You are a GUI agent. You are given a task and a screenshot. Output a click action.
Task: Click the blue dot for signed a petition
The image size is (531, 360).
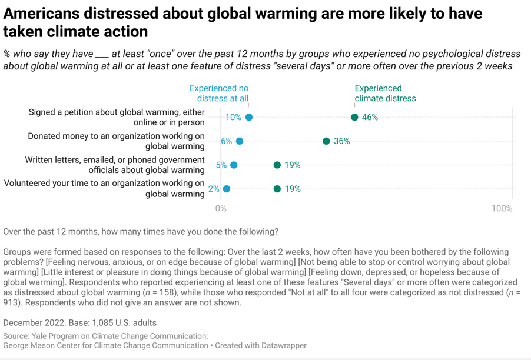tap(249, 117)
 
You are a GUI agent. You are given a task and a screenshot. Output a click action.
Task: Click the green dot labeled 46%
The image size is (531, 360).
tap(354, 117)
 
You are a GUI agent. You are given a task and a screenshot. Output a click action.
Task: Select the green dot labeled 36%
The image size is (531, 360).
tap(326, 141)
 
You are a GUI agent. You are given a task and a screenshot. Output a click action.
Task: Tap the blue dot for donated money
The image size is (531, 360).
tap(240, 141)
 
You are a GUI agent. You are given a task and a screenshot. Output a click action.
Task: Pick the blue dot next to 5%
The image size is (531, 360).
tap(234, 165)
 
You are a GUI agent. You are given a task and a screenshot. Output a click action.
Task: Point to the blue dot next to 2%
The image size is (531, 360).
tap(227, 189)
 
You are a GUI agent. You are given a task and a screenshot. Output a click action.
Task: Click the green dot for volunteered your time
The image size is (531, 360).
tap(277, 189)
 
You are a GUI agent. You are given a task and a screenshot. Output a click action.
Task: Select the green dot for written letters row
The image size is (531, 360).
tap(277, 165)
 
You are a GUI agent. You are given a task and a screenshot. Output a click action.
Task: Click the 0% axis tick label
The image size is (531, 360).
tap(221, 208)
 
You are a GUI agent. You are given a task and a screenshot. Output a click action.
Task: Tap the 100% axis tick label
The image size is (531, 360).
tap(502, 208)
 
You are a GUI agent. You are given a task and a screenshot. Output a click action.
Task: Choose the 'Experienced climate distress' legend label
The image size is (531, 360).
tap(385, 94)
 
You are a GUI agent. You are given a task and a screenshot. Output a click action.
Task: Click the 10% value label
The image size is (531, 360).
tap(233, 117)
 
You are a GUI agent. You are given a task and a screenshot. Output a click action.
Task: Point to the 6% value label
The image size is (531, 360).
tap(227, 141)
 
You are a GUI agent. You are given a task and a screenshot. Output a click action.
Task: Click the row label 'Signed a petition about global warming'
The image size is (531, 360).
tap(117, 117)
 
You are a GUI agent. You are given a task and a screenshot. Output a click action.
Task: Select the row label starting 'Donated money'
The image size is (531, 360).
tap(117, 141)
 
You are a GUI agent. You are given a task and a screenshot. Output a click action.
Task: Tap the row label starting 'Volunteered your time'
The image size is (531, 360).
tap(104, 189)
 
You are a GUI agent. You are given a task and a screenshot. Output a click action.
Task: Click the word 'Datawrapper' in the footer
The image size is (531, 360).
tap(282, 345)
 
